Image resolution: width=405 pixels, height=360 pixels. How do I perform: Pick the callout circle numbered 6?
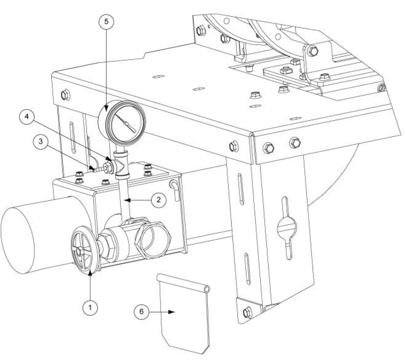(143, 313)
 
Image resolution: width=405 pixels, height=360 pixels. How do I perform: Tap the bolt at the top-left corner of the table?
(65, 93)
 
